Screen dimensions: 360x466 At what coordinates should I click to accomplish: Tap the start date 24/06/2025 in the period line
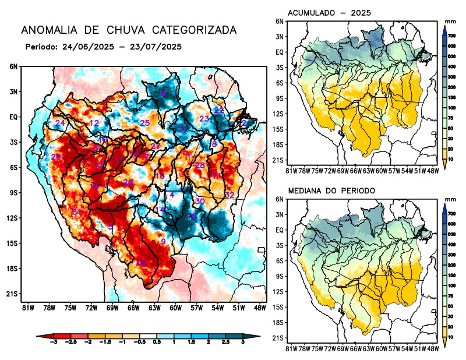point(87,47)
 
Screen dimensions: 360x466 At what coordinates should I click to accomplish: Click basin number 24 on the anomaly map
point(60,123)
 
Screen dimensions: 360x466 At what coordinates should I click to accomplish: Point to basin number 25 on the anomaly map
point(145,123)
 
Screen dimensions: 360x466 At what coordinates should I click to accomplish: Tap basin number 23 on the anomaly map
point(204,119)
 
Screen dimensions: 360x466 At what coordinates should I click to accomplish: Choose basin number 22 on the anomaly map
point(219,110)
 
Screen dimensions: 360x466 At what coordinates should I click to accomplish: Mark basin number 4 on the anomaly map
point(172,195)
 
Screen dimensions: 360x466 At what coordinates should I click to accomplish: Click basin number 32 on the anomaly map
point(230,195)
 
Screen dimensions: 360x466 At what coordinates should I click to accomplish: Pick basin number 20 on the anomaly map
point(56,157)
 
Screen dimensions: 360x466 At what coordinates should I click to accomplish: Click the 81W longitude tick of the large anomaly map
point(26,308)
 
